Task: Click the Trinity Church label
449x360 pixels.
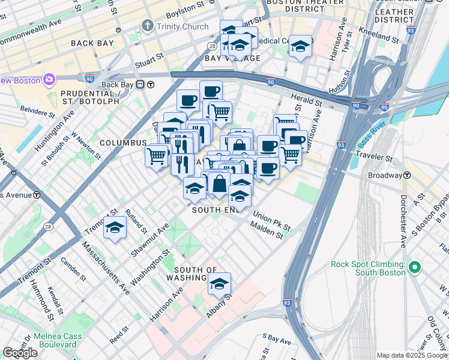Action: (182, 26)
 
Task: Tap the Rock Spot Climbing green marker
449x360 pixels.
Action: (414, 268)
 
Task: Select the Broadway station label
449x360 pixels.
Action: (385, 175)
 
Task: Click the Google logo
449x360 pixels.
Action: (20, 353)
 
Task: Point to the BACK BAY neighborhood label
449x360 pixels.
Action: (92, 43)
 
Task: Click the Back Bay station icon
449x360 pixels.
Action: (140, 85)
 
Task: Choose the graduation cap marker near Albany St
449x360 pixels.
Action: (220, 283)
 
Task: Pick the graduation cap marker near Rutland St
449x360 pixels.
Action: (115, 229)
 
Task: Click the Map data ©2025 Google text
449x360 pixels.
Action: (411, 355)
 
